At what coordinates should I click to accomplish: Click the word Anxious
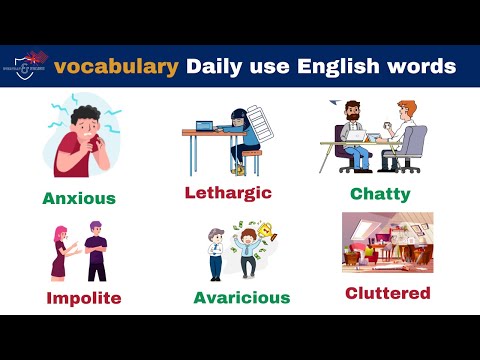[x=79, y=198]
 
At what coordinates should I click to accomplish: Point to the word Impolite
[x=83, y=298]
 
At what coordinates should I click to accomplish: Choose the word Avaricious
[x=242, y=298]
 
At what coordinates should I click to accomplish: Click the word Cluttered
[x=388, y=293]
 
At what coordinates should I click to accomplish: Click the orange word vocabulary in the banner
[x=117, y=67]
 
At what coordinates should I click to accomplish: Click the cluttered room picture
[x=386, y=244]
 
